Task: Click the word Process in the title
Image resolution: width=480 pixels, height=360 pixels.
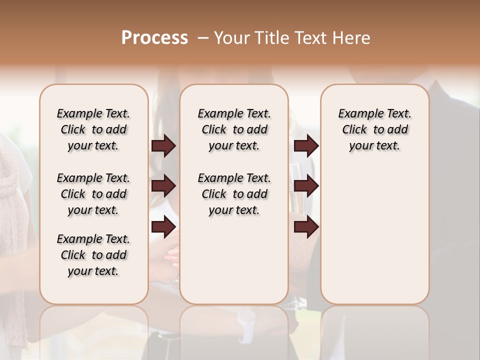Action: (x=154, y=38)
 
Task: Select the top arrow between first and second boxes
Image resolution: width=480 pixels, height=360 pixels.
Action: (x=163, y=146)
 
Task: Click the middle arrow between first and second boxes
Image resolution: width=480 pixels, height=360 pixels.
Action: (x=163, y=186)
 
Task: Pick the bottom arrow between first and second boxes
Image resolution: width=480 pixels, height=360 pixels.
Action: (x=163, y=227)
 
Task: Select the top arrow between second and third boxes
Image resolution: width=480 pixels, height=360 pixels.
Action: (x=306, y=146)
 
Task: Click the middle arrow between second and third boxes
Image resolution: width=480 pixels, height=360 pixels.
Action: (x=306, y=186)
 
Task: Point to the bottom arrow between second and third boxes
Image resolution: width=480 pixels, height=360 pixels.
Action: (x=306, y=227)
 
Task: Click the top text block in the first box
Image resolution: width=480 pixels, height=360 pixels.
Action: (x=93, y=129)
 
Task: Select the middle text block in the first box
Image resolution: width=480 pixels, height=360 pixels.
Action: (x=93, y=194)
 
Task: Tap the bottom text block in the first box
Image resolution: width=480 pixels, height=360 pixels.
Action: (x=93, y=255)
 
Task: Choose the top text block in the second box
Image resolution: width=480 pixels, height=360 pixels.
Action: (x=234, y=129)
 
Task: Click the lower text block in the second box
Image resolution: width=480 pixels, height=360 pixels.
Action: (x=234, y=194)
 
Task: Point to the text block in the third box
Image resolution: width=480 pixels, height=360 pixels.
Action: (x=374, y=129)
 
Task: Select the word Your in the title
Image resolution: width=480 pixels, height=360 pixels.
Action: (x=230, y=38)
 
